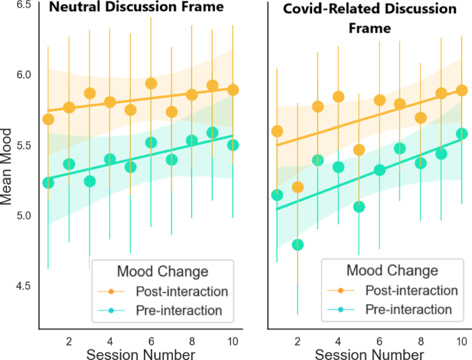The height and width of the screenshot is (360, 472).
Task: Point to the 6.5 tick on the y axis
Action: coord(23,5)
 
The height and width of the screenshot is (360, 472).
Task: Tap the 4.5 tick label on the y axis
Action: coord(23,286)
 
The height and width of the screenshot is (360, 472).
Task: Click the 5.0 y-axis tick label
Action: coord(23,215)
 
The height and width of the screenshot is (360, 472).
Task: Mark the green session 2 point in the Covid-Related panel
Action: coord(298,244)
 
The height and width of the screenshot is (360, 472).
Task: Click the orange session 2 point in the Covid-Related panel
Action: coord(298,187)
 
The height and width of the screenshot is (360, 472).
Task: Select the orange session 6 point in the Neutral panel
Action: coord(151,83)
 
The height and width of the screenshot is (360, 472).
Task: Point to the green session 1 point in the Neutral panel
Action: coord(48,182)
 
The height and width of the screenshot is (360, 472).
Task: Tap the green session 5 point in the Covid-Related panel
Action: coord(358,207)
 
